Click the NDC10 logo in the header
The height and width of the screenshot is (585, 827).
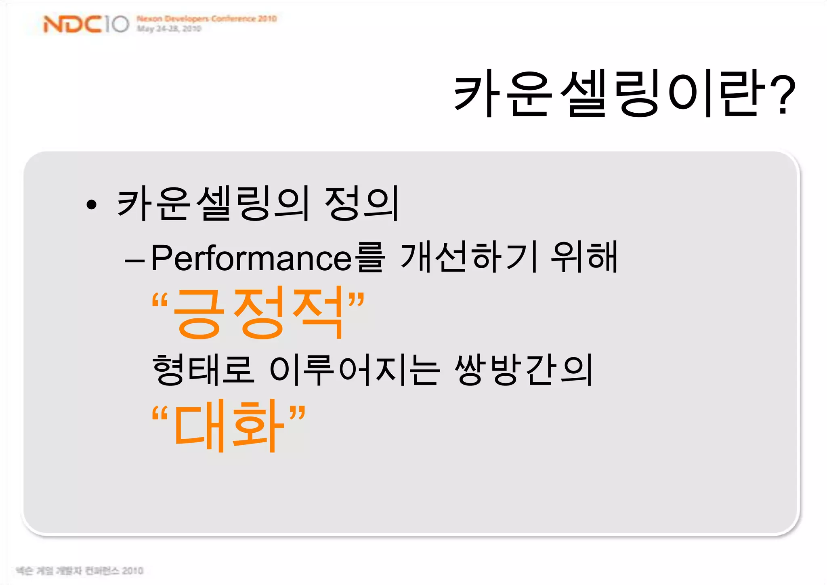(86, 24)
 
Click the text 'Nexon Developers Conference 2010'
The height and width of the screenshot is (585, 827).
(206, 19)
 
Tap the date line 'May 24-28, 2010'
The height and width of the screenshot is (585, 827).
(169, 29)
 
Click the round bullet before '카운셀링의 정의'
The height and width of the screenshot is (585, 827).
(92, 204)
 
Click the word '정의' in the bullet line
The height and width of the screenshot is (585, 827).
(361, 204)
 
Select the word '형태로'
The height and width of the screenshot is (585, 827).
(203, 370)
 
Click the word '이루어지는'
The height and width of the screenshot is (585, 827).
(354, 370)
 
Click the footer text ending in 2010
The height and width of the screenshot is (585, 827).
(80, 570)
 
